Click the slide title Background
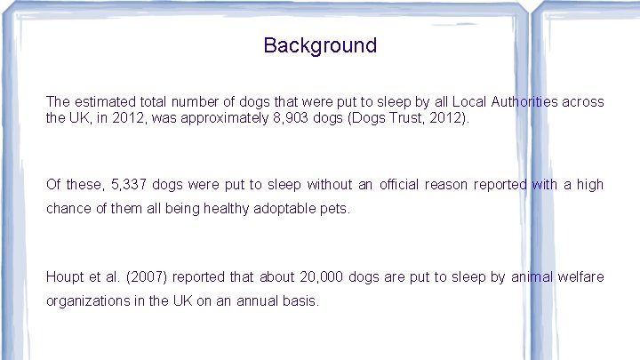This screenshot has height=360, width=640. (x=320, y=45)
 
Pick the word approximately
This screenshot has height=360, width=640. (x=221, y=117)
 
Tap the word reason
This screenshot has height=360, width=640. (x=446, y=185)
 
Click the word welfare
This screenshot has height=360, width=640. (x=580, y=277)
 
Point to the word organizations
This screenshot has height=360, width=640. (x=86, y=301)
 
